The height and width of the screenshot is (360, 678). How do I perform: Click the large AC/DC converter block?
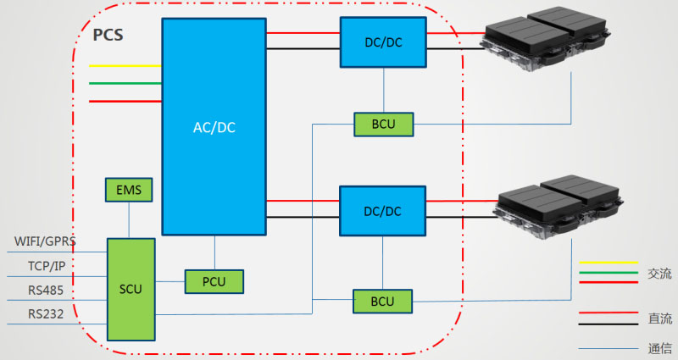213,127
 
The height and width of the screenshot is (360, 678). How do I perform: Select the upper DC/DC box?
383,42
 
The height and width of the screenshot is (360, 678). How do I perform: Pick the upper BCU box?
382,125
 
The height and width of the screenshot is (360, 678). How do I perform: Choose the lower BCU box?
382,302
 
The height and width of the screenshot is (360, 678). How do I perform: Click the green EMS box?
129,190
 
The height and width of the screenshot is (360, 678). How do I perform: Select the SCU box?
131,289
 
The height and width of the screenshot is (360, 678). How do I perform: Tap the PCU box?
214,281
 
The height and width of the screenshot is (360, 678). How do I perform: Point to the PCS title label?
108,36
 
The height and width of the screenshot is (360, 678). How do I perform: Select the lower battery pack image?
559,208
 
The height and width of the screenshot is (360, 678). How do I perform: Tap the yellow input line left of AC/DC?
125,65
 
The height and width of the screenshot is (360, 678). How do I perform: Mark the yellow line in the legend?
608,263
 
